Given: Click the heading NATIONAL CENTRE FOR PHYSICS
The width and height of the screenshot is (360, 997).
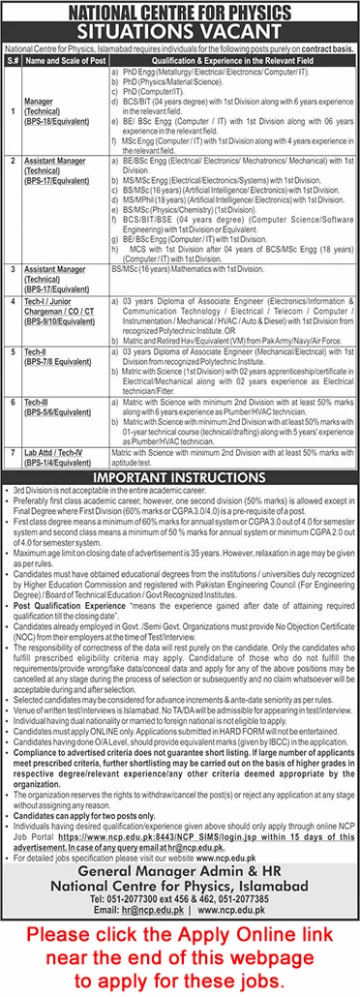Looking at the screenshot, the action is [180, 12].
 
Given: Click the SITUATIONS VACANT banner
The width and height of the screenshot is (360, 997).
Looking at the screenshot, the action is [180, 31].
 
